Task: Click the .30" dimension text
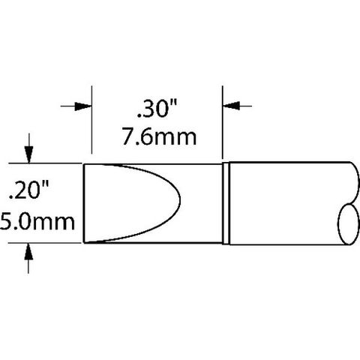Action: pos(157,108)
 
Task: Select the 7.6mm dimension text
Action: pos(160,136)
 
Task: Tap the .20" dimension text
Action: pos(28,190)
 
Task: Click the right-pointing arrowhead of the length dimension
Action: pos(83,106)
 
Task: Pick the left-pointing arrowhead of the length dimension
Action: pos(231,106)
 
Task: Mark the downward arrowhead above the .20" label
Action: pos(29,154)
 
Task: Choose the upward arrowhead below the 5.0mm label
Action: pos(28,251)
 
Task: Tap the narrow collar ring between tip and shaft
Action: pos(226,203)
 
